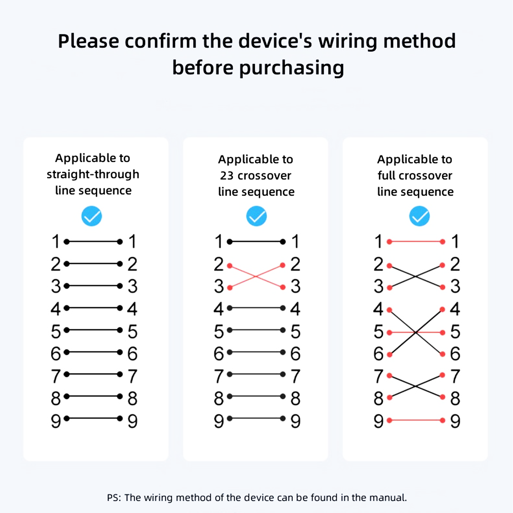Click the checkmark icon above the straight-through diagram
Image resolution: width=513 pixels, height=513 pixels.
coord(92,216)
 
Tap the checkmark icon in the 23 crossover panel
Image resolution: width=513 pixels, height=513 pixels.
coord(256,216)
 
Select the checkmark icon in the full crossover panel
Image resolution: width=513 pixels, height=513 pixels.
coord(419,216)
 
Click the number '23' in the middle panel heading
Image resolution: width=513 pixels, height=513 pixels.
coord(226,176)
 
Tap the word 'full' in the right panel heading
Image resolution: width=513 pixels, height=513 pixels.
coord(386,176)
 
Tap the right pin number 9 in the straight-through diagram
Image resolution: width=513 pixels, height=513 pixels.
coord(132,421)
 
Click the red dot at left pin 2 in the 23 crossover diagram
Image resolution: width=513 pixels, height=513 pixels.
coord(230,266)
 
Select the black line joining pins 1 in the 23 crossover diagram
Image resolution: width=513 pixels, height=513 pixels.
coord(256,242)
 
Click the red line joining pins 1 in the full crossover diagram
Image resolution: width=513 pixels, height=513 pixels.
coord(416,242)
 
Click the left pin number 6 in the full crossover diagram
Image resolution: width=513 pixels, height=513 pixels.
coord(378,353)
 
